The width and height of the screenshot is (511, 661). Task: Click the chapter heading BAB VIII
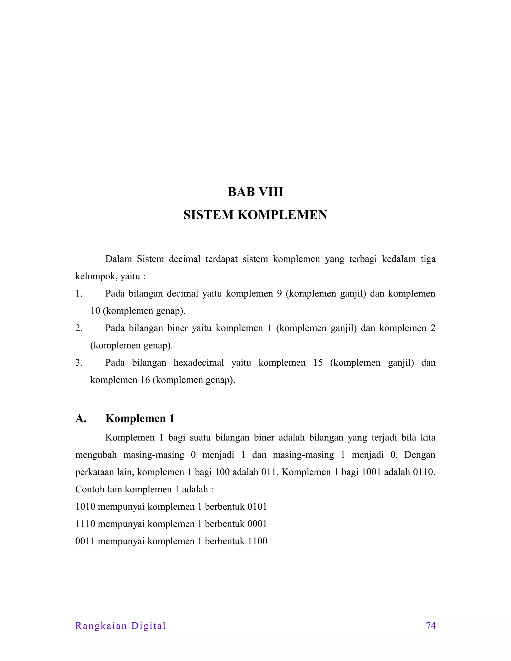pos(255,192)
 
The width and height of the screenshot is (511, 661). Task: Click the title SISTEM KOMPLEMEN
pos(255,215)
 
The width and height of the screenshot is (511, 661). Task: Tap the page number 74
pos(430,626)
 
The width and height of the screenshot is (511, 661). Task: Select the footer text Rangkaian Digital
pos(121,626)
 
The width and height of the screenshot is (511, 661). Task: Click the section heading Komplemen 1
pos(140,418)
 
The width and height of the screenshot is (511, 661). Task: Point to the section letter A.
pos(81,418)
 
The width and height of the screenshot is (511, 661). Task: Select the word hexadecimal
pos(199,363)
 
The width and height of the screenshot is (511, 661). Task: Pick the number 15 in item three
pos(318,363)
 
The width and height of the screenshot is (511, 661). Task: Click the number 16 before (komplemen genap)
pos(145,380)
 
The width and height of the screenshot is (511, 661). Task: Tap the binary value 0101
pos(257,507)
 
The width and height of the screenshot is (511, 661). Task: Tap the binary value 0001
pos(257,524)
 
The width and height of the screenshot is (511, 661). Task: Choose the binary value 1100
pos(257,541)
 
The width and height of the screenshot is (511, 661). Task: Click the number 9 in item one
pos(279,294)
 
